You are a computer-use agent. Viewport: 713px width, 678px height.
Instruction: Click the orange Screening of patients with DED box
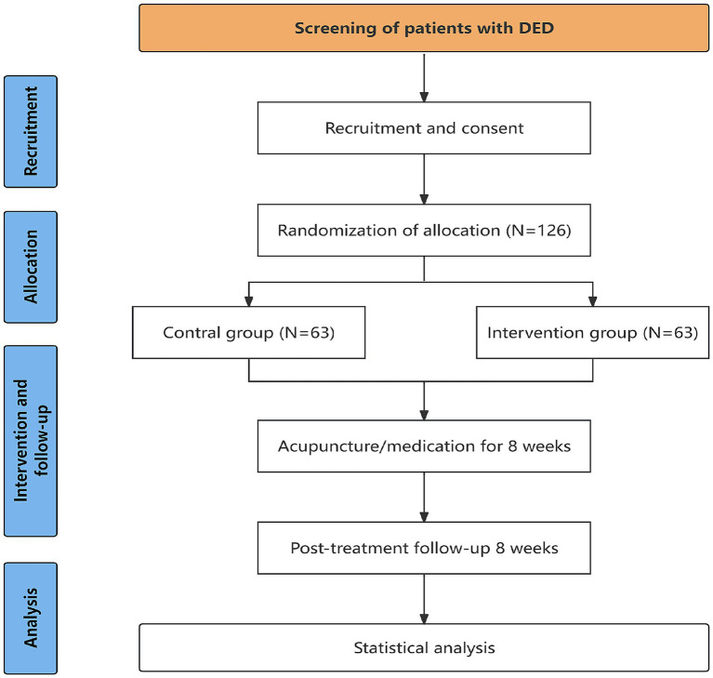[x=424, y=28]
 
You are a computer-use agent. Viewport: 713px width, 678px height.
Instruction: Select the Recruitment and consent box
[x=424, y=127]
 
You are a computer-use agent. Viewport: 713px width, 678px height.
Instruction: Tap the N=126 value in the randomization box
[x=538, y=231]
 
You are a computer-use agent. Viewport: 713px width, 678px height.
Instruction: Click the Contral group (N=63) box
[x=249, y=332]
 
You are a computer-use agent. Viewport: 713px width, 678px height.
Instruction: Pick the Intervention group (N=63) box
[x=592, y=332]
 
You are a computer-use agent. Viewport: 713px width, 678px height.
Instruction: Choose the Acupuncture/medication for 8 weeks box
[x=424, y=445]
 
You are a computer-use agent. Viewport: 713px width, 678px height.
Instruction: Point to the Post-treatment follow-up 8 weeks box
[x=424, y=548]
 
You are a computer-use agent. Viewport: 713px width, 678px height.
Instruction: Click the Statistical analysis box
[x=424, y=647]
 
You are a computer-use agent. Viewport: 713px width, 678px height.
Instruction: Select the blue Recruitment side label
[x=31, y=131]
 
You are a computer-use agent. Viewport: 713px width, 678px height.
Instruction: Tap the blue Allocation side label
[x=31, y=267]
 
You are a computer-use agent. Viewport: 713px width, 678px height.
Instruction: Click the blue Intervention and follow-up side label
[x=31, y=441]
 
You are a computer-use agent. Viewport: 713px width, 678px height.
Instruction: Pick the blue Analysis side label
[x=31, y=618]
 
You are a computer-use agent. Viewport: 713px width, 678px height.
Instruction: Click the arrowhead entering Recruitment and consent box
[x=424, y=97]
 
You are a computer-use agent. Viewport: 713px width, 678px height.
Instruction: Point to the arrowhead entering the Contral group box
[x=249, y=301]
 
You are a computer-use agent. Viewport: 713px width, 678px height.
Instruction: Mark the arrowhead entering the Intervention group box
[x=592, y=301]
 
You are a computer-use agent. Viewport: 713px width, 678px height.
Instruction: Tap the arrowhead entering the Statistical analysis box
[x=424, y=618]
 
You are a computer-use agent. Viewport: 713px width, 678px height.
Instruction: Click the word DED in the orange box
[x=536, y=28]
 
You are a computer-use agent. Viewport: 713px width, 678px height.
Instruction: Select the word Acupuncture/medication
[x=376, y=446]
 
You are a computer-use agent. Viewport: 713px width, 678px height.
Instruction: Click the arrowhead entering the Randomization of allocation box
[x=424, y=199]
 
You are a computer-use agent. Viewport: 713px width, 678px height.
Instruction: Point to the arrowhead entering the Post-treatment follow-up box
[x=424, y=517]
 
